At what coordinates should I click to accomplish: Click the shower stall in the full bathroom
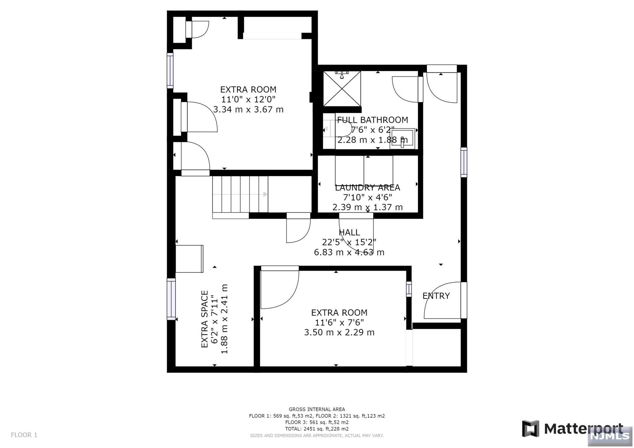pos(342,88)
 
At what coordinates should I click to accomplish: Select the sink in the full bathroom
pos(402,138)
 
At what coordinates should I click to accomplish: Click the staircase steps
pos(240,194)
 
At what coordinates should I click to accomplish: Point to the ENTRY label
pos(436,296)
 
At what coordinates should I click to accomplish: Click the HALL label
pos(349,232)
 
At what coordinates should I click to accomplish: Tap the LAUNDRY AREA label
pos(367,187)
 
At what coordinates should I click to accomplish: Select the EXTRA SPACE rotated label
pos(205,319)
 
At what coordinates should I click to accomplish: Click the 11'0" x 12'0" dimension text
pos(248,99)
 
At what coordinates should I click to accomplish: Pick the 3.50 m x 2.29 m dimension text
pos(339,332)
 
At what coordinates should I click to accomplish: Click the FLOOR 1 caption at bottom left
pos(24,435)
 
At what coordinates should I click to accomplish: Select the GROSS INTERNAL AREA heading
pos(317,409)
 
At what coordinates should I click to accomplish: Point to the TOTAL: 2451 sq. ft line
pos(317,429)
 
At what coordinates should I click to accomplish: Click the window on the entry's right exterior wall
pos(464,162)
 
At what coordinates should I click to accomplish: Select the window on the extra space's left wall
pos(171,299)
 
